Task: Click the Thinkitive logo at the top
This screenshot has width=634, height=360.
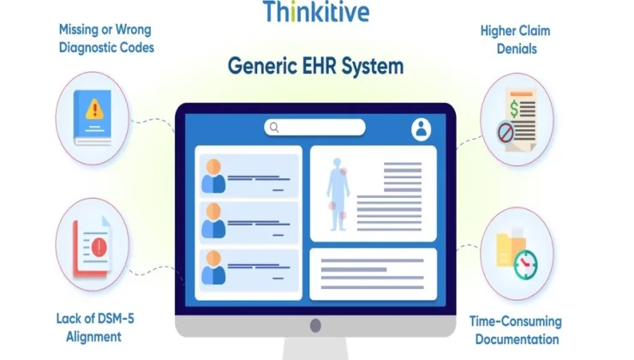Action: click(316, 11)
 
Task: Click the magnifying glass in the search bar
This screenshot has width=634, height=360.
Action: click(274, 128)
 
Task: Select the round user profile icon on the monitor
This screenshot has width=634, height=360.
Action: click(421, 129)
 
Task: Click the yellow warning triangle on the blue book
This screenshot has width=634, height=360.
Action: click(95, 109)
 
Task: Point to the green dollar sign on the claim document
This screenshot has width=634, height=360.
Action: click(514, 109)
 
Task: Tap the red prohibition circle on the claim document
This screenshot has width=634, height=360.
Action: click(505, 132)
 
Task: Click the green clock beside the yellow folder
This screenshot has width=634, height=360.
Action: click(526, 265)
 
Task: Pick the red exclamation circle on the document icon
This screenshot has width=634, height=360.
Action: click(99, 247)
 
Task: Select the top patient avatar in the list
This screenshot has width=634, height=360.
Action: click(213, 176)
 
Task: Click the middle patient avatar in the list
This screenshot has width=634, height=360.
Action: click(213, 221)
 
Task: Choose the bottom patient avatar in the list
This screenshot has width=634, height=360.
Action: click(213, 267)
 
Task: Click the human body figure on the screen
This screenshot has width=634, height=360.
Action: click(338, 195)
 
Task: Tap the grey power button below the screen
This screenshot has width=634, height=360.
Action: click(315, 325)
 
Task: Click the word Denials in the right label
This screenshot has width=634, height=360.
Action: click(517, 49)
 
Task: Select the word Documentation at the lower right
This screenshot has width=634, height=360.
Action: click(517, 339)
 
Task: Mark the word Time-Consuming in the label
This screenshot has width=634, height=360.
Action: click(516, 321)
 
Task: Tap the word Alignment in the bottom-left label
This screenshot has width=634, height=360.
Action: click(93, 337)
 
